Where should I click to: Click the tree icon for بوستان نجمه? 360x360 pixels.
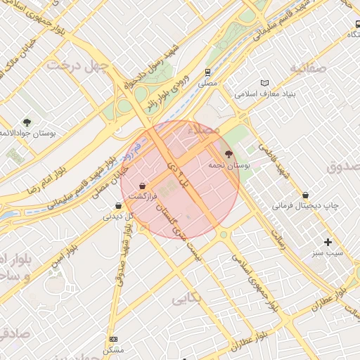point(229,153)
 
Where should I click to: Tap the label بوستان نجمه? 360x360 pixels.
point(229,165)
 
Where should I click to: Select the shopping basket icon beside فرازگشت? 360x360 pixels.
point(143,186)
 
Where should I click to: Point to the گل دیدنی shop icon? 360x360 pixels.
point(117,206)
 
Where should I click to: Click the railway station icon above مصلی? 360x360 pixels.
point(207,72)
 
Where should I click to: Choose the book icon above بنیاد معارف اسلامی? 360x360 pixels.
point(264,82)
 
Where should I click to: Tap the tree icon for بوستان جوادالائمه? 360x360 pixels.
point(27,122)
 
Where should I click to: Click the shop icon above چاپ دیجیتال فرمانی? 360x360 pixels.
point(305,195)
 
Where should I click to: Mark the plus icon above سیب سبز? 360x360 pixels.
point(328,242)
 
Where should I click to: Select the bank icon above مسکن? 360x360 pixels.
point(113,339)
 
